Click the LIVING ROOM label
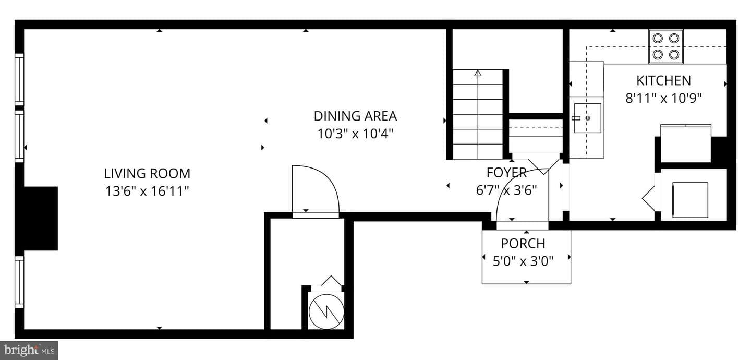pos(147,173)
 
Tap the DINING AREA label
pos(355,116)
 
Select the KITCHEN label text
pos(663,80)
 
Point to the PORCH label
pos(523,243)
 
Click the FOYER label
pos(506,173)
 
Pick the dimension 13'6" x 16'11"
pos(147,191)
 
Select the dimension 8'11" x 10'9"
pos(663,98)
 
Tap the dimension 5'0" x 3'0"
pos(523,261)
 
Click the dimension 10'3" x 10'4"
pos(355,134)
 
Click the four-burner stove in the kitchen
pos(666,46)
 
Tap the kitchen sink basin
pos(587,118)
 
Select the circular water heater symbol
pos(326,311)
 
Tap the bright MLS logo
pos(29,351)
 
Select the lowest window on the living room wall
pos(19,282)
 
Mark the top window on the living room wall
pos(19,79)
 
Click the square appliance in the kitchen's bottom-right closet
pos(690,200)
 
